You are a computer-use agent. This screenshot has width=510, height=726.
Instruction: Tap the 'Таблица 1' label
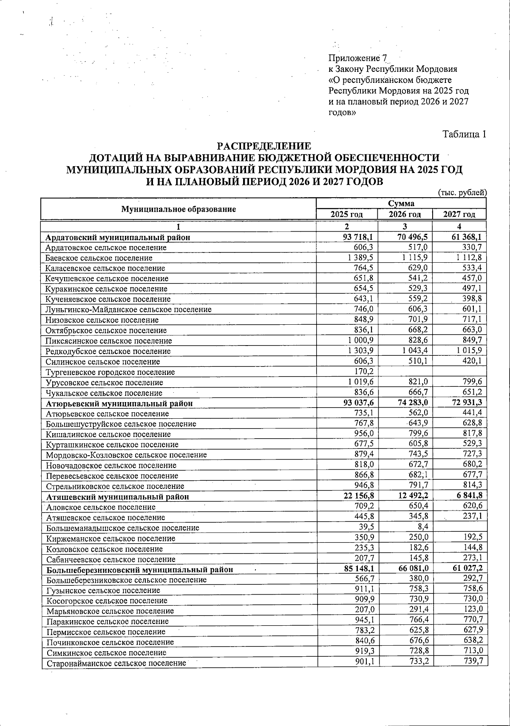pos(464,134)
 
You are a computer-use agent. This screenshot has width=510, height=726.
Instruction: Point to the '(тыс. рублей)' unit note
pos(462,193)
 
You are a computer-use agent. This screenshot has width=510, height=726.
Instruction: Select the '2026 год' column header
pos(405,214)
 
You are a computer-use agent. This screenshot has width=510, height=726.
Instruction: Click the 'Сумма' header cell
pos(401,204)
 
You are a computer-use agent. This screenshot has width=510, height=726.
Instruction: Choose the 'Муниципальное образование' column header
pos(178,209)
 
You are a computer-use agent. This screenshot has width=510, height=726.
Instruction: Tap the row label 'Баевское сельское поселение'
pos(99,258)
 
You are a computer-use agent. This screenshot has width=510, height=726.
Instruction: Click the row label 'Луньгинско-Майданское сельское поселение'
pos(129,310)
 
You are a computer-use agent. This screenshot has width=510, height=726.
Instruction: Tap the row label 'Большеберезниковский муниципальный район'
pos(139,570)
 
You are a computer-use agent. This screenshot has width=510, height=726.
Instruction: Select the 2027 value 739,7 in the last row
pos(473,661)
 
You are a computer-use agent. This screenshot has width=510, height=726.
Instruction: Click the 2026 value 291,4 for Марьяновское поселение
pos(418,610)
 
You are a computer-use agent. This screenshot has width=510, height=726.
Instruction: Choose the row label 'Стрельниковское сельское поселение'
pos(115,486)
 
